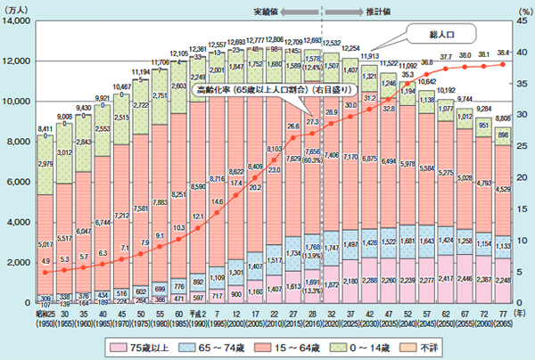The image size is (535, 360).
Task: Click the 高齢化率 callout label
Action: [259, 90]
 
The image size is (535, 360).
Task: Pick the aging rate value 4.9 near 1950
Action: [44, 261]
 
